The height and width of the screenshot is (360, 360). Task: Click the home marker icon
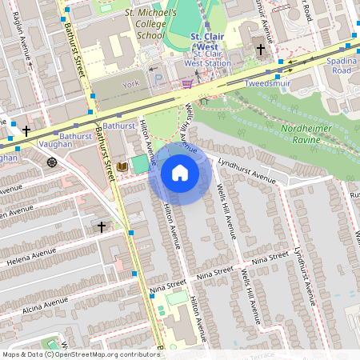(x=180, y=173)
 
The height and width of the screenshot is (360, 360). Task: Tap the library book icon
(x=122, y=166)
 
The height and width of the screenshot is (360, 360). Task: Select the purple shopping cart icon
(x=186, y=82)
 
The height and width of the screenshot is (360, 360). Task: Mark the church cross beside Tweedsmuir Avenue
(x=260, y=50)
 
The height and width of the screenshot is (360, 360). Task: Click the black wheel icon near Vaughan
(x=52, y=162)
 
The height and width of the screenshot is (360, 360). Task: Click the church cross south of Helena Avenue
(x=101, y=227)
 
